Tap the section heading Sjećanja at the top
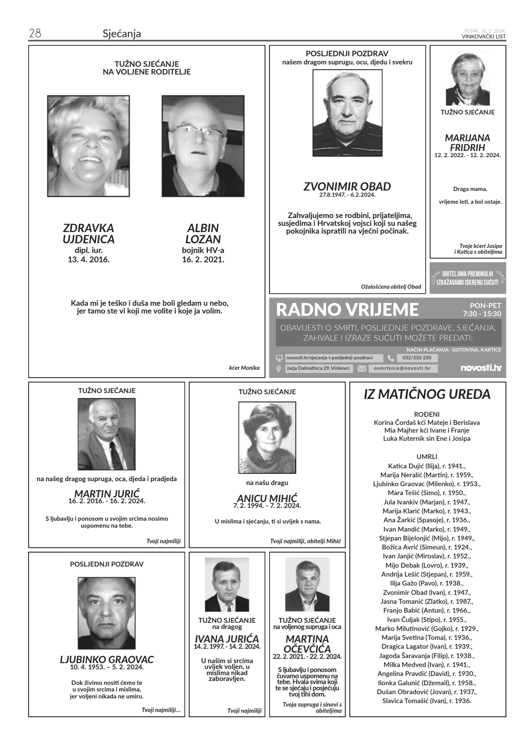tap(122, 34)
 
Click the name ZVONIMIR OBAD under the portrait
tap(347, 187)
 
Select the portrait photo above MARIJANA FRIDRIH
tap(468, 80)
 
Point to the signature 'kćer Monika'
tap(244, 368)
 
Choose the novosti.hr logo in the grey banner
tap(480, 368)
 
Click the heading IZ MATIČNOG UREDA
tap(427, 394)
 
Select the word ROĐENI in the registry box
tap(427, 414)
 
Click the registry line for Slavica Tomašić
tap(427, 701)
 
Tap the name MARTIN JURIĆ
tap(107, 494)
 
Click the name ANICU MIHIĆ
tap(267, 498)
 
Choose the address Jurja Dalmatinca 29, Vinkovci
tap(318, 369)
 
